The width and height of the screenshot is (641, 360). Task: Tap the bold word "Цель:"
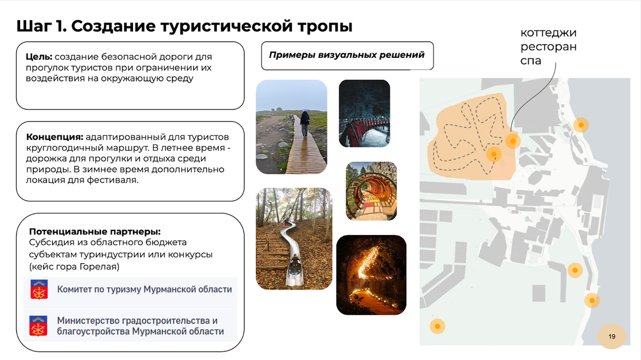coord(39,57)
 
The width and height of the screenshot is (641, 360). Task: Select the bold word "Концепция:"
coord(54,138)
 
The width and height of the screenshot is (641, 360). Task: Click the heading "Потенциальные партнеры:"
coord(95,232)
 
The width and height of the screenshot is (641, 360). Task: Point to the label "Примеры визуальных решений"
coord(347,55)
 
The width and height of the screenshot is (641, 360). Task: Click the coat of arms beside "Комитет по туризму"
coord(39,289)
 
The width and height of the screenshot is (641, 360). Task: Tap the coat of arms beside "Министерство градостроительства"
coord(38,326)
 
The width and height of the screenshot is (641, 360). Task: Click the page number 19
coord(612,336)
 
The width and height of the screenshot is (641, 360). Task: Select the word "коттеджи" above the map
coord(548,33)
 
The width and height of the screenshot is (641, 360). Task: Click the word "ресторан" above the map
coord(549,47)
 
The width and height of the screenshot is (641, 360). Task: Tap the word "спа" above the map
coord(530,61)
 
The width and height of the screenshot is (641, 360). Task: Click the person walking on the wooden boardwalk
coord(304,123)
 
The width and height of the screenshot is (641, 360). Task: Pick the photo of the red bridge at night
coord(364,113)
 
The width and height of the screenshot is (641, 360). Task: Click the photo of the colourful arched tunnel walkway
coord(371,191)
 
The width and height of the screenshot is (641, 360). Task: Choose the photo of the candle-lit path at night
coord(371,275)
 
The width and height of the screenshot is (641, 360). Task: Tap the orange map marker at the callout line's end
coord(513,141)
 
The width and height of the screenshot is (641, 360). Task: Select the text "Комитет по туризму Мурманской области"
coord(144,289)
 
